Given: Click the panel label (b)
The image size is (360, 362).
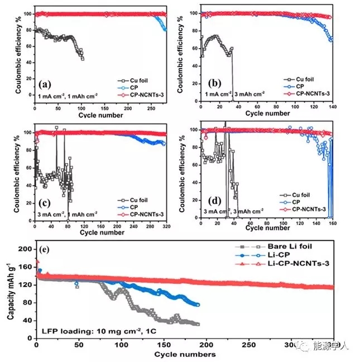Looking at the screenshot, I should point(214,84).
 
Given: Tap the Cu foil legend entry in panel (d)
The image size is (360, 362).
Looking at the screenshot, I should point(309,195).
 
